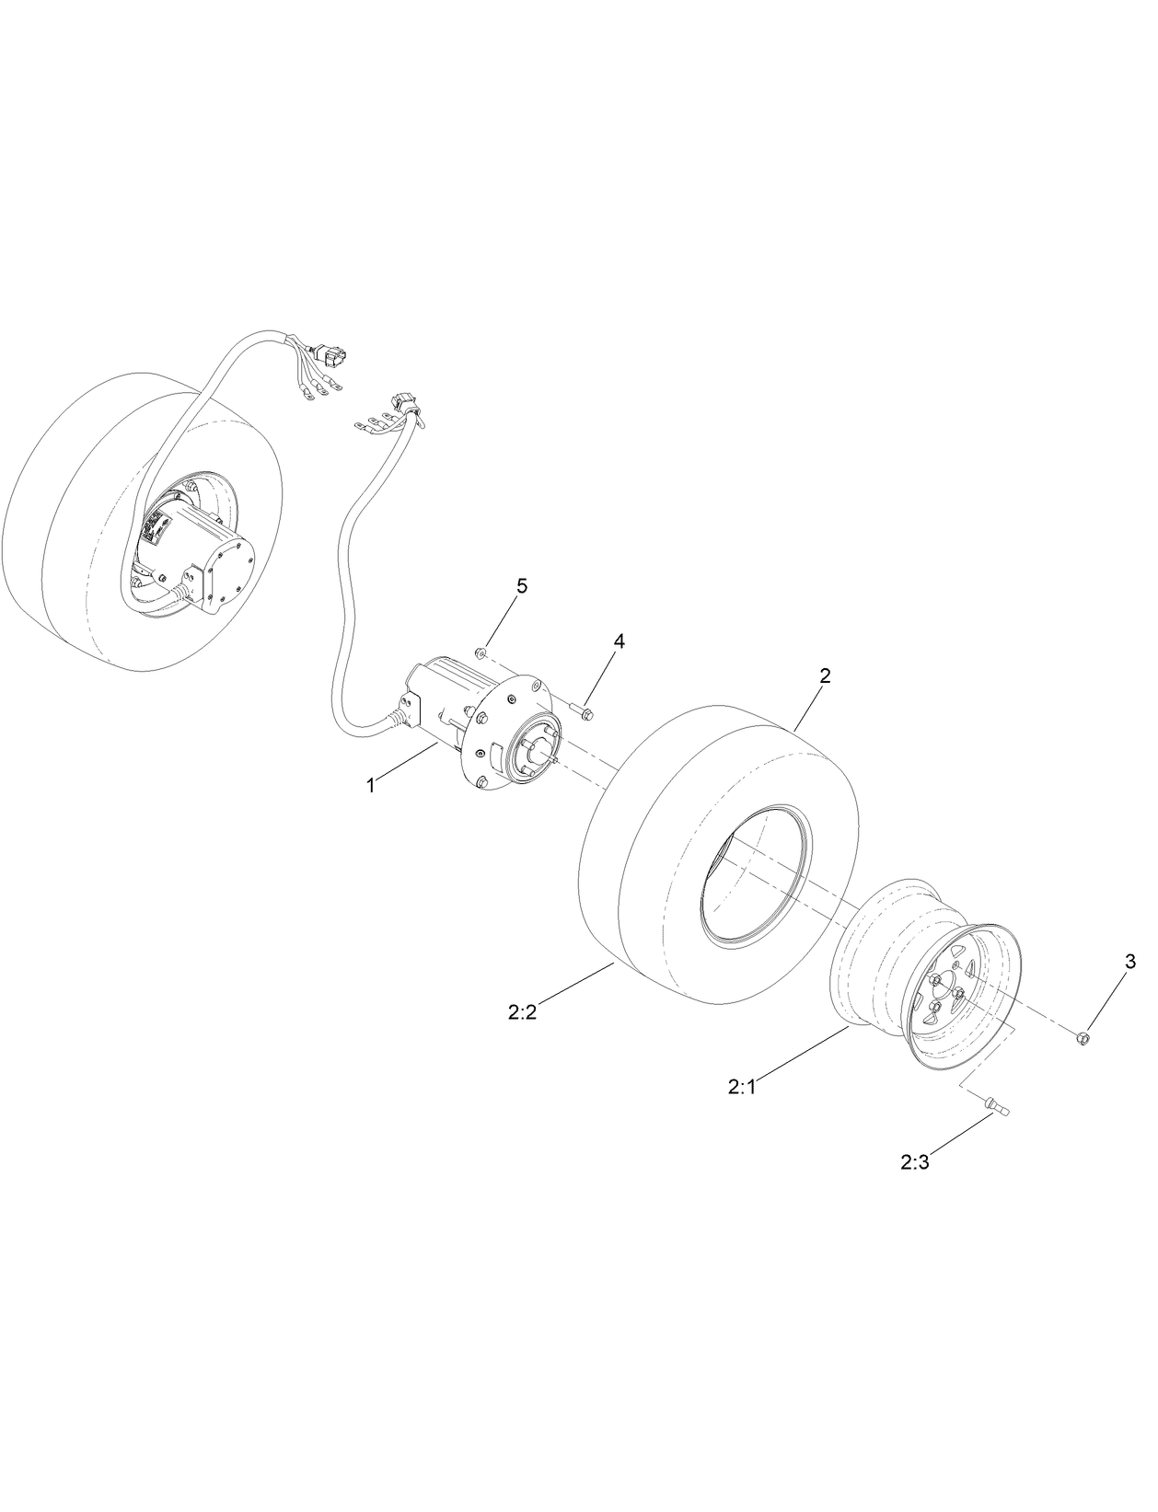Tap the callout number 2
click(826, 675)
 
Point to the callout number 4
click(620, 641)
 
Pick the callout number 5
click(522, 587)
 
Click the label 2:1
click(740, 1087)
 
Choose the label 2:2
click(522, 1012)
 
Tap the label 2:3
click(915, 1162)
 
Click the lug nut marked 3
click(1083, 1038)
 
